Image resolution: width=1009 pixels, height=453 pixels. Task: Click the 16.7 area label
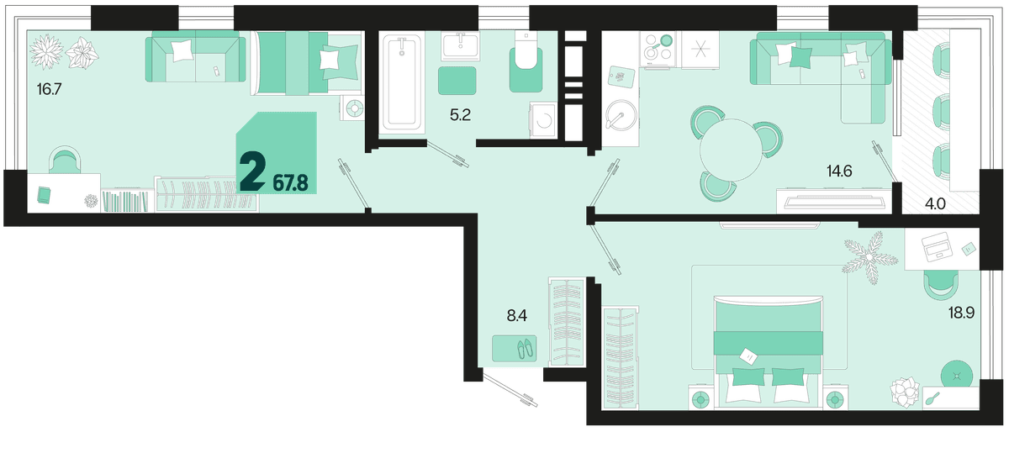click(49, 89)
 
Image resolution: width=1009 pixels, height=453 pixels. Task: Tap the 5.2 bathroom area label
click(461, 115)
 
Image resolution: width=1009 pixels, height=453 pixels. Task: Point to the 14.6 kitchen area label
click(840, 171)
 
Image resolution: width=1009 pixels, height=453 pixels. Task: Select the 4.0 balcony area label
click(935, 204)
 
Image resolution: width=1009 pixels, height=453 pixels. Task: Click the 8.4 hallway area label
click(517, 316)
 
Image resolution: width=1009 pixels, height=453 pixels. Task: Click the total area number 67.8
click(291, 184)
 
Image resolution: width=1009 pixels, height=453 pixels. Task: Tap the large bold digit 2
click(252, 173)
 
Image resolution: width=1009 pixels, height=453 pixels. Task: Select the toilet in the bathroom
click(526, 61)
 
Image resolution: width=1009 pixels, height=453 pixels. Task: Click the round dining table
click(731, 150)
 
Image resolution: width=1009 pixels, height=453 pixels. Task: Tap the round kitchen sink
click(621, 115)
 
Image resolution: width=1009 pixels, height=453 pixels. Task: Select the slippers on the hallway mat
click(525, 349)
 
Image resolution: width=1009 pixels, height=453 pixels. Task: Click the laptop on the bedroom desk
click(936, 247)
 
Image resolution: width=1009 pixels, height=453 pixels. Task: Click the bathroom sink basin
click(461, 46)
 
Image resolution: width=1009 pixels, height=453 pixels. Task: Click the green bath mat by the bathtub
click(457, 81)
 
